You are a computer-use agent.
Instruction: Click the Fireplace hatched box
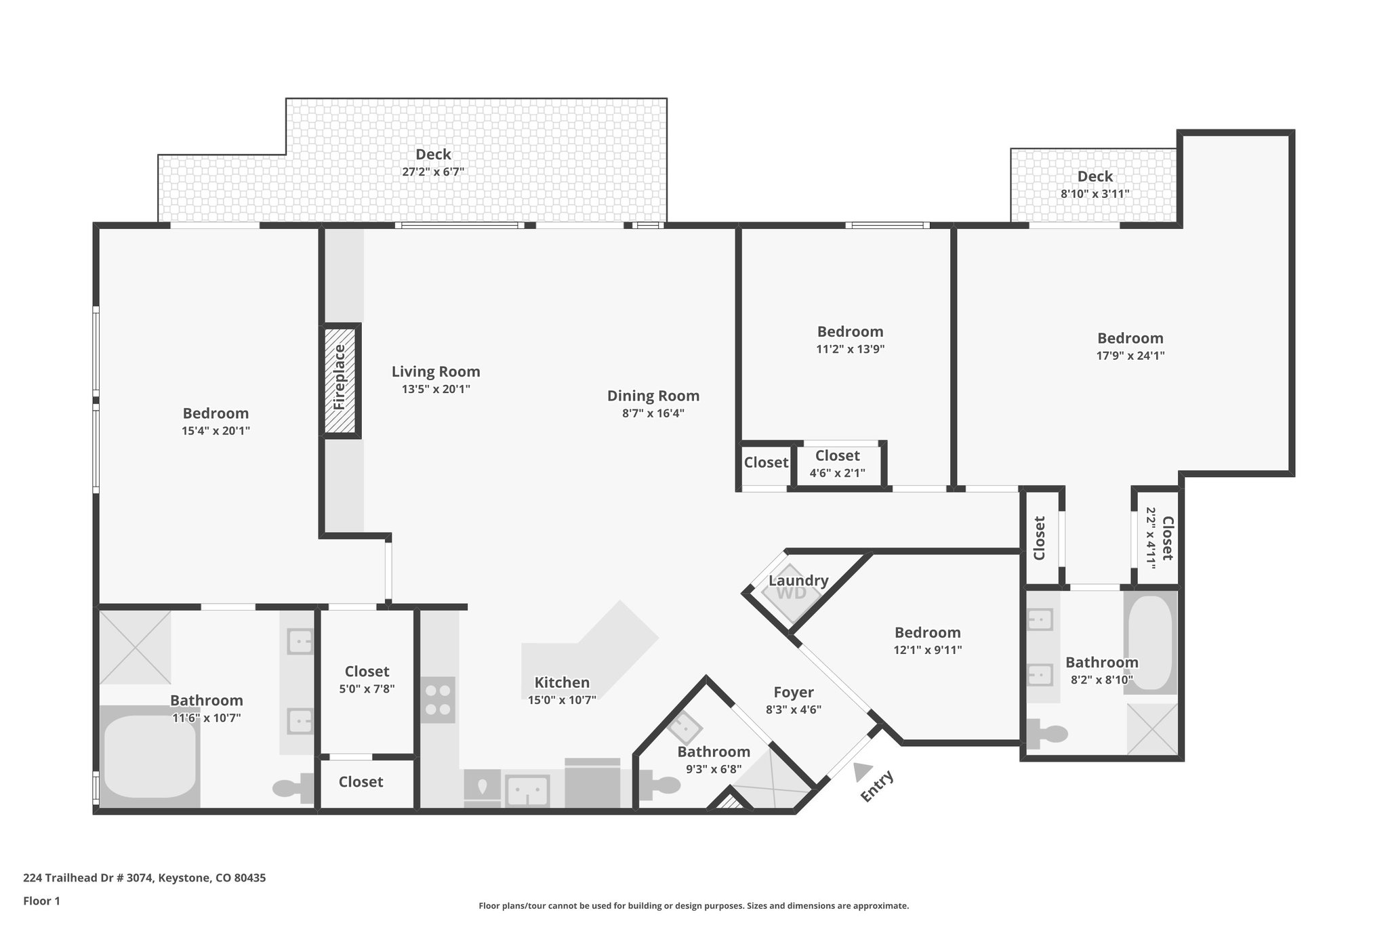click(340, 380)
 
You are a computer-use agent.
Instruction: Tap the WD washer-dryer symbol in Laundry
click(790, 593)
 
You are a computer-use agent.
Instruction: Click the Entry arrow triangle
click(862, 772)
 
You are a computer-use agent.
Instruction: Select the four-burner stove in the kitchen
click(438, 700)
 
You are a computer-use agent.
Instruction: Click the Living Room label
click(436, 371)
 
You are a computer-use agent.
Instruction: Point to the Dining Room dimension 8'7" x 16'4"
click(653, 413)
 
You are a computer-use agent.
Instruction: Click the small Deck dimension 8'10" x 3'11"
click(1095, 194)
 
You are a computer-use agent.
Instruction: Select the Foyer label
click(793, 692)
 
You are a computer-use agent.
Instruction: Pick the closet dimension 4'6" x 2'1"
click(837, 473)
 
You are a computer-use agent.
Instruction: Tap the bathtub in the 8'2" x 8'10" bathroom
click(1150, 641)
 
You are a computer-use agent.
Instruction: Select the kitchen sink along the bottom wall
click(527, 790)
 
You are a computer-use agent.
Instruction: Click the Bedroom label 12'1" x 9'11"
click(927, 632)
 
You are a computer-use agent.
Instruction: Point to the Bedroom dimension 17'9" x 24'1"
click(1130, 355)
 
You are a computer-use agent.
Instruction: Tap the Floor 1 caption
click(42, 901)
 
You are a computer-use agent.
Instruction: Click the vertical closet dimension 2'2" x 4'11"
click(1150, 537)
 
